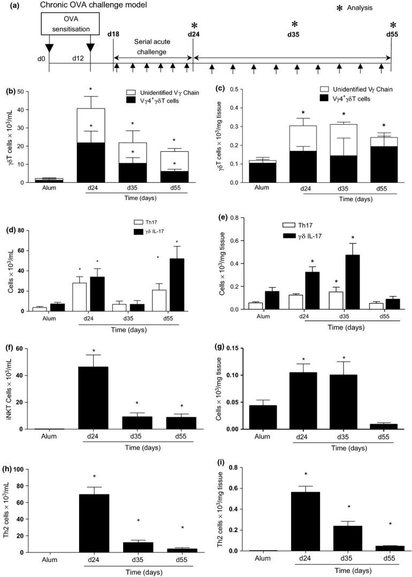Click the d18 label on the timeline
113,35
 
